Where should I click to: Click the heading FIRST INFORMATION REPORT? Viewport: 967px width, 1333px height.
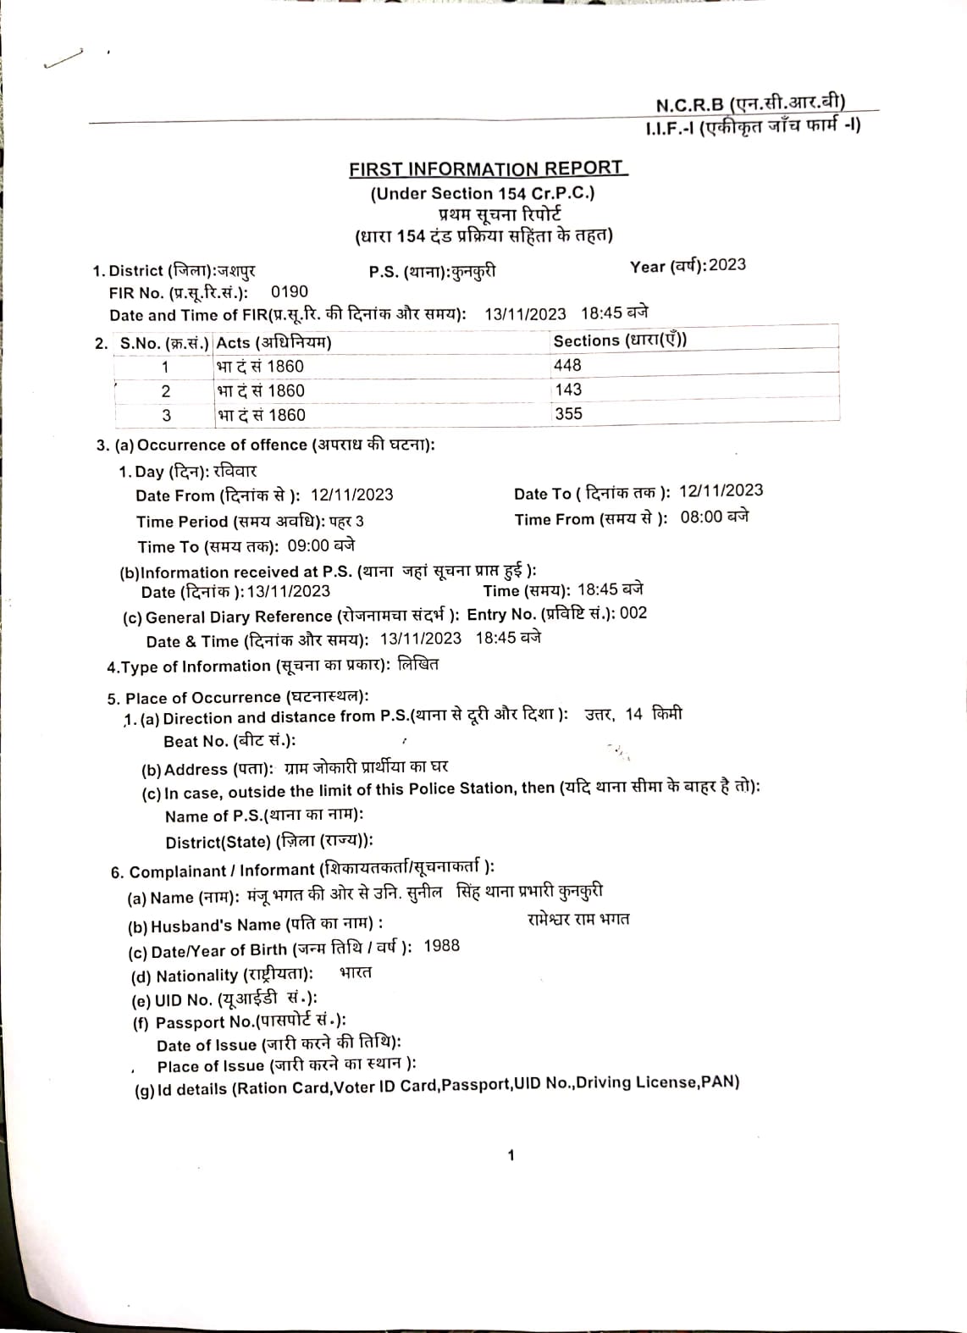tap(487, 169)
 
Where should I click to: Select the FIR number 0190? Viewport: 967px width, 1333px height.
tap(290, 291)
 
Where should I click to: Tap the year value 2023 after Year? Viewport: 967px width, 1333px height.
tap(727, 264)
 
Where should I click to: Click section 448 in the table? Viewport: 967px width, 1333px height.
tap(567, 365)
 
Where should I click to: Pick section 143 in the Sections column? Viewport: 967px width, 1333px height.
tap(568, 390)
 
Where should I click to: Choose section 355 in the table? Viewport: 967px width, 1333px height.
tap(568, 414)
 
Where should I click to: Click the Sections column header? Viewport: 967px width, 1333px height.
tap(620, 340)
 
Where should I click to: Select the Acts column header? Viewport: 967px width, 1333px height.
tap(274, 342)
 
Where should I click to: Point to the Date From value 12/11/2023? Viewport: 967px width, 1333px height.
tap(351, 495)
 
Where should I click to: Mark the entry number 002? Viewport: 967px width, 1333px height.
tap(633, 612)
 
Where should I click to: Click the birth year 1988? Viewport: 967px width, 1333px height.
tap(441, 946)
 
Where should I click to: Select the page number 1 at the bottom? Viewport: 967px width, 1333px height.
tap(511, 1155)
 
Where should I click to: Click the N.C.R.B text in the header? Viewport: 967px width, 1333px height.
tap(690, 105)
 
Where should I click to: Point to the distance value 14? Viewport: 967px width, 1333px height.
tap(634, 714)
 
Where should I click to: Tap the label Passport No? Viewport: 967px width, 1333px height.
tap(204, 1022)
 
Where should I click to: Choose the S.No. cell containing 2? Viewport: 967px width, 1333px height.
tap(166, 391)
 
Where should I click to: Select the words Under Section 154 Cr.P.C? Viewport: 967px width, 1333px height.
tap(483, 193)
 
